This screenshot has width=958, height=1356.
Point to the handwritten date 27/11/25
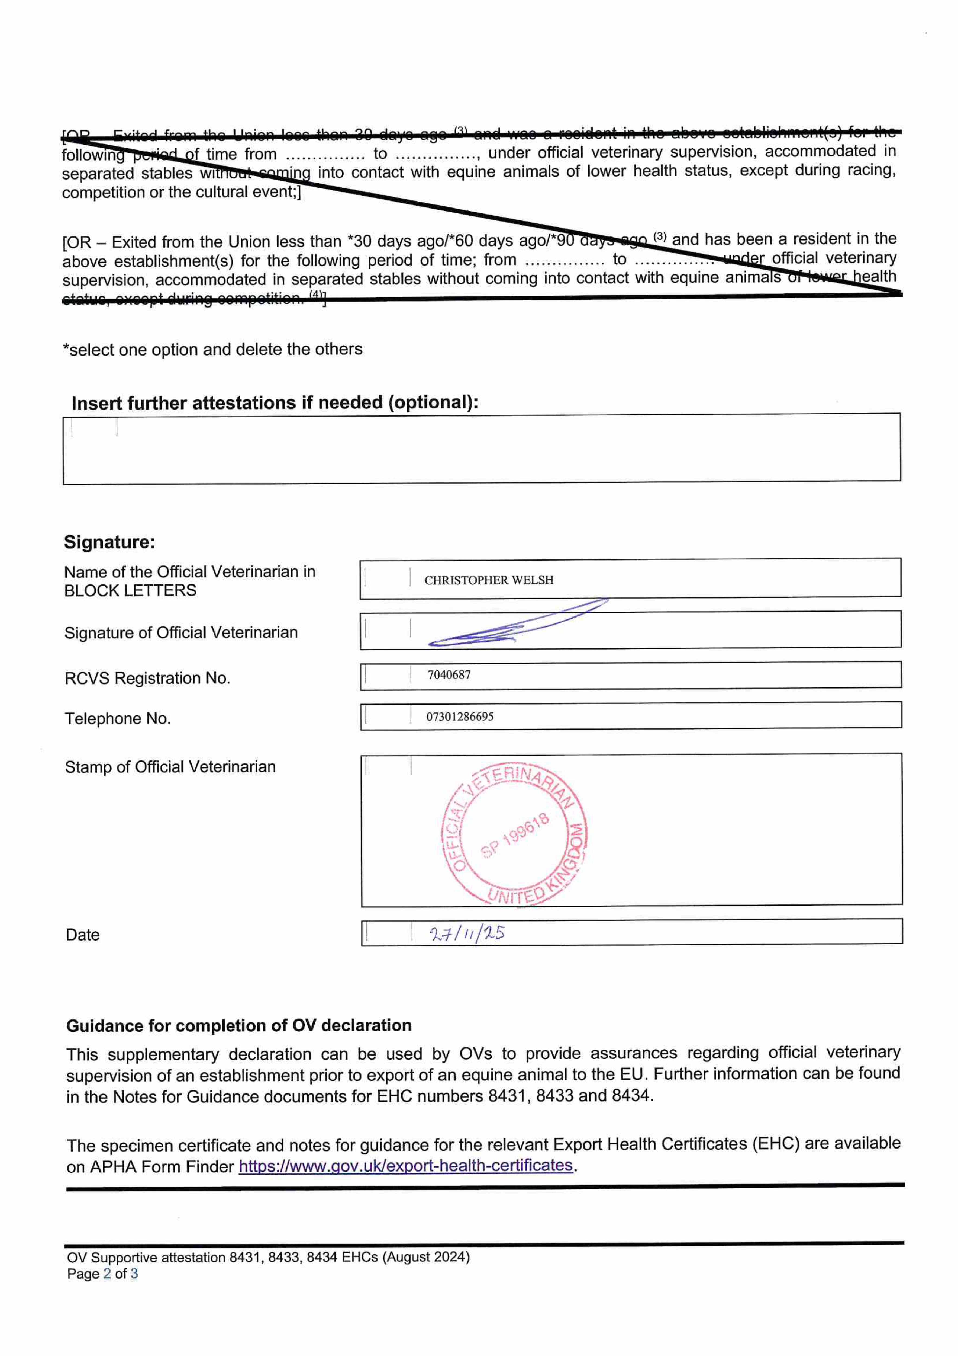[466, 933]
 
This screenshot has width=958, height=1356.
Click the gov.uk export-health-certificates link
[405, 1165]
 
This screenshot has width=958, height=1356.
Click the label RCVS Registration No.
[147, 678]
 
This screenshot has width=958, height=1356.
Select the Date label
[83, 935]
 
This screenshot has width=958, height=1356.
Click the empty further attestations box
[481, 449]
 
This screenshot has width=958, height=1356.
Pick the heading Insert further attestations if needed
[275, 403]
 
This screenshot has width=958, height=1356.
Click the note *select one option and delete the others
[212, 350]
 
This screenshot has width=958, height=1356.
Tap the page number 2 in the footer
[107, 1273]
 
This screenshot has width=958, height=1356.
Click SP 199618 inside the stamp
[515, 835]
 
